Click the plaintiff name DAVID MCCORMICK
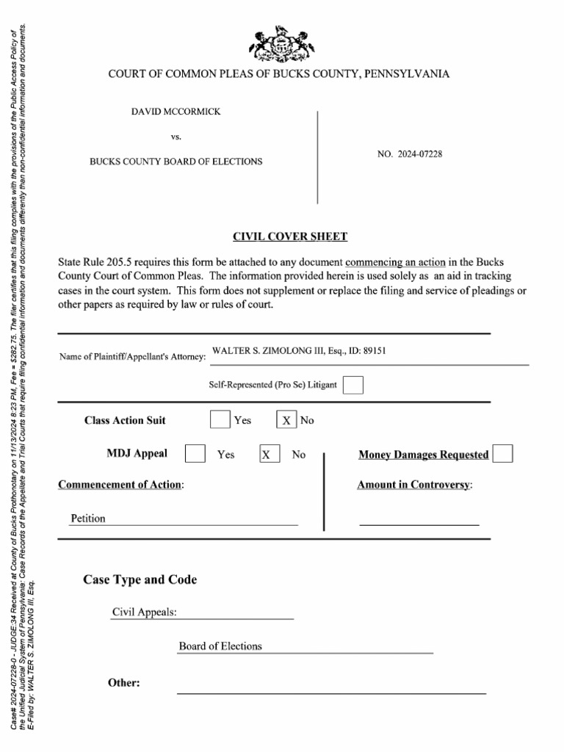click(x=176, y=112)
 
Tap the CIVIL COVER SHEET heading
click(x=290, y=236)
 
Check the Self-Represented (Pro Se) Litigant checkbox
click(x=353, y=385)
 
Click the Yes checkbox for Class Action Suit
click(x=220, y=420)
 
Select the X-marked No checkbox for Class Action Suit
click(x=286, y=420)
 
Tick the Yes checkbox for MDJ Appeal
click(x=195, y=454)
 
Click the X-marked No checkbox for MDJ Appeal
click(x=270, y=455)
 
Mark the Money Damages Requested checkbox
click(x=502, y=454)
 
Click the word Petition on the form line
click(x=88, y=518)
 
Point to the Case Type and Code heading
click(x=140, y=579)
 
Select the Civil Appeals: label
click(x=144, y=612)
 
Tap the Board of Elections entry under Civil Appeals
click(x=220, y=646)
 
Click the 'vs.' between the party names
click(x=176, y=137)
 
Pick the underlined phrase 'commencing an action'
click(x=395, y=262)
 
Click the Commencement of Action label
click(x=121, y=485)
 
